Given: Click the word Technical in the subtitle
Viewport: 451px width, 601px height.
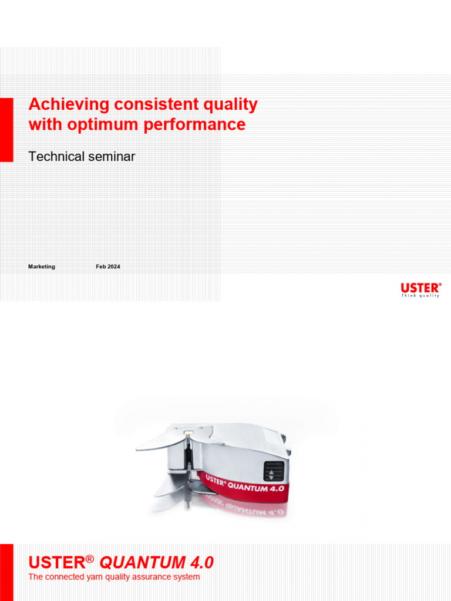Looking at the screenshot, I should click(56, 156).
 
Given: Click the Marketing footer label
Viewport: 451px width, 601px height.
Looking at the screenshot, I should click(42, 266).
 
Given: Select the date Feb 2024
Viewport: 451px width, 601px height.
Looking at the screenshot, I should click(108, 266).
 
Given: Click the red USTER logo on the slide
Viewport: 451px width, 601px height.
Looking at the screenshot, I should click(420, 288).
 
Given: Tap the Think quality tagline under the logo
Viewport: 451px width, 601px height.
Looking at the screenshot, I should click(420, 296).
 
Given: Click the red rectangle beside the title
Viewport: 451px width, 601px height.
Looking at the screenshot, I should click(6, 130).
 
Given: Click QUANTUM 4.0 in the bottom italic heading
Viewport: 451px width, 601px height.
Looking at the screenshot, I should click(157, 563).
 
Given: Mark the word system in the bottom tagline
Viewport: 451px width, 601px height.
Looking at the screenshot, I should click(187, 577).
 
